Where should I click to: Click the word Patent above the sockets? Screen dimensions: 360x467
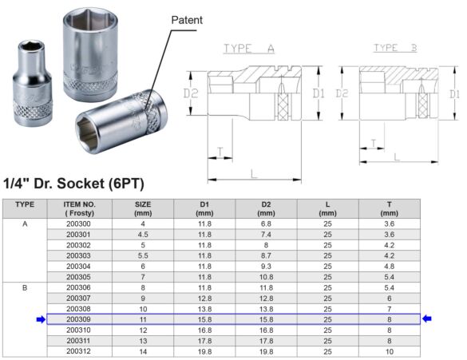(x=188, y=19)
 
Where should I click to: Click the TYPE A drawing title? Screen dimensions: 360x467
(x=250, y=49)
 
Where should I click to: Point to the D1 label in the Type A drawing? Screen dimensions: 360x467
(x=319, y=94)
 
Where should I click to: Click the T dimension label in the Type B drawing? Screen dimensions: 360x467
(x=373, y=144)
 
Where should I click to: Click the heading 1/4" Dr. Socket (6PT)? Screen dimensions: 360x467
(x=73, y=184)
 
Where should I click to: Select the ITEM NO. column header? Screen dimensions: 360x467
(x=80, y=208)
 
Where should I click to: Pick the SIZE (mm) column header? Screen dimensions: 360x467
(x=143, y=208)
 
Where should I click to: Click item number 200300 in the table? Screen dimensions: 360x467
(x=79, y=225)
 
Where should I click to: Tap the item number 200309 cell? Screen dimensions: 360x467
(x=79, y=319)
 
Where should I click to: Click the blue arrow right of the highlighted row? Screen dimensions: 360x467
(x=427, y=319)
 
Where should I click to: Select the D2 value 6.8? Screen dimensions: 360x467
(x=266, y=225)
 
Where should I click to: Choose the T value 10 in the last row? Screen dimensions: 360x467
(x=389, y=350)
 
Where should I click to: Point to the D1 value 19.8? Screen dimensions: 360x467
(x=204, y=350)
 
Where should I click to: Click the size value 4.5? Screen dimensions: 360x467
(x=143, y=235)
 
